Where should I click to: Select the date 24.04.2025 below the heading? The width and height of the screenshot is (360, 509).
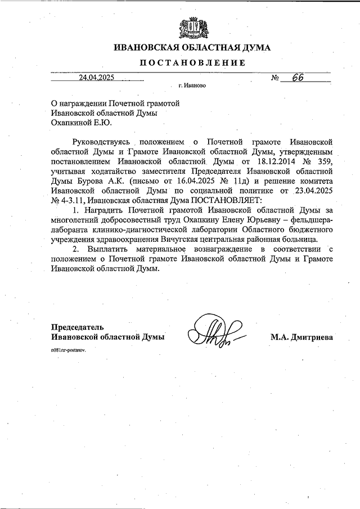(x=97, y=78)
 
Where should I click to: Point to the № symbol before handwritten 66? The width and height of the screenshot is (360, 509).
(x=276, y=78)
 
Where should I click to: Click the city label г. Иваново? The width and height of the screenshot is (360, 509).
(x=192, y=87)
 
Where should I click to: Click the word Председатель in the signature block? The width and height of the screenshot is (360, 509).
(x=78, y=327)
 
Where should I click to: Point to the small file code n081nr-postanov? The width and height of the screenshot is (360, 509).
(x=70, y=349)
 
